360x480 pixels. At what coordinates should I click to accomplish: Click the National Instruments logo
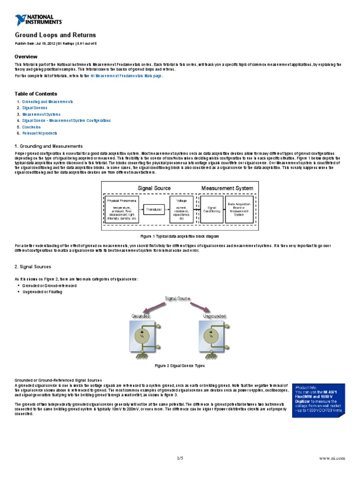(x=38, y=19)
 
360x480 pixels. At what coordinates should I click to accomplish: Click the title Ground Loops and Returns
(x=55, y=35)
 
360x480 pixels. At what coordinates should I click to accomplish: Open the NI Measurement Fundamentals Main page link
(x=126, y=75)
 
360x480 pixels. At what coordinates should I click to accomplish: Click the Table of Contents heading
(x=36, y=94)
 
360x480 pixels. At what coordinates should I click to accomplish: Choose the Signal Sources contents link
(x=35, y=108)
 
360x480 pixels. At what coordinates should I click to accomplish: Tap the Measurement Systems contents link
(x=41, y=114)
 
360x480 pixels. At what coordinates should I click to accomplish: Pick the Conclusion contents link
(x=31, y=127)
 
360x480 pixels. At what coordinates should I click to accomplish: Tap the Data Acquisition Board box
(x=240, y=209)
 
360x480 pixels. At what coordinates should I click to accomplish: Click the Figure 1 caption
(x=180, y=236)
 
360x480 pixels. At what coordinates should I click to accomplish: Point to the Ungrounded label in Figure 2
(x=214, y=316)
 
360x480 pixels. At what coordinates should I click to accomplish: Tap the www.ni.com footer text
(x=331, y=458)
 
